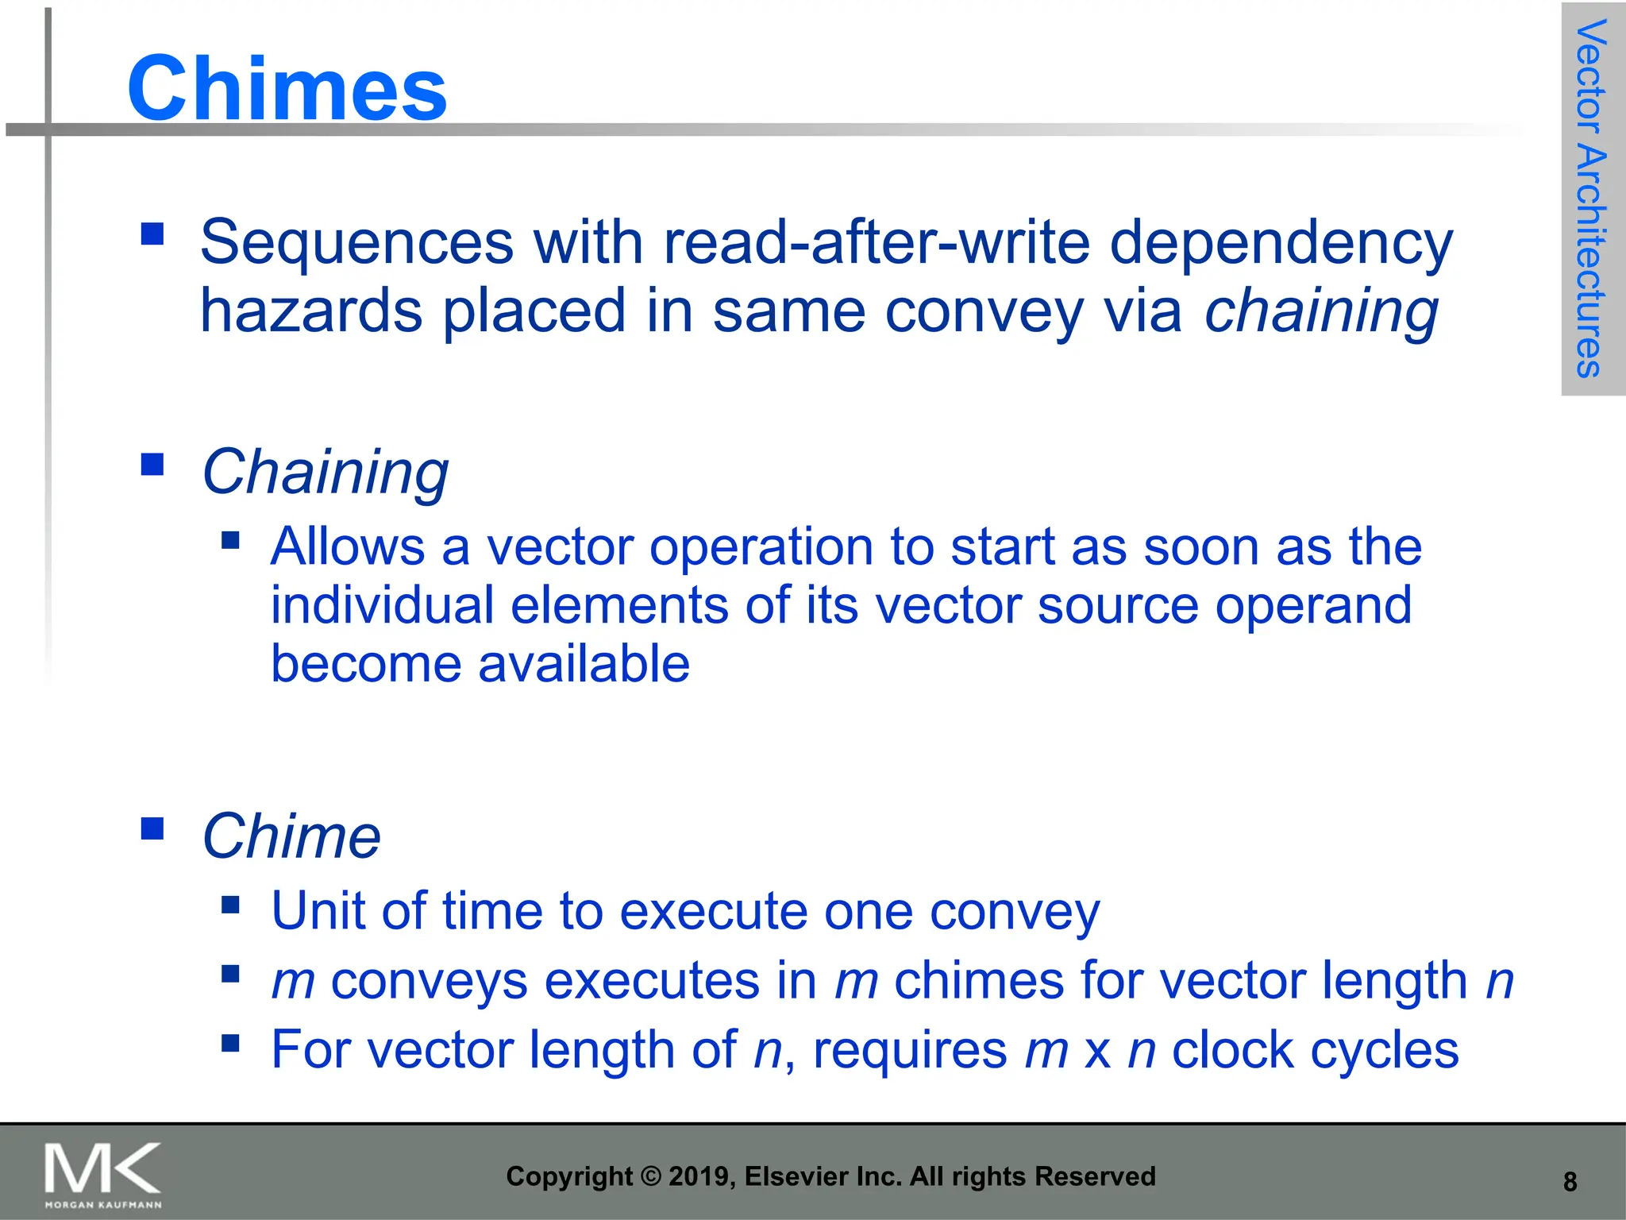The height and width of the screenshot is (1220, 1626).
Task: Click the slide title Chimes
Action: (x=287, y=88)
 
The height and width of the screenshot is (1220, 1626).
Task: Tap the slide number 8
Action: (x=1570, y=1182)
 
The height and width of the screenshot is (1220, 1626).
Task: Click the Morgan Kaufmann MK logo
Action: (x=103, y=1174)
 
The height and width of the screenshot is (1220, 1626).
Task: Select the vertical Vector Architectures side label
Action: (x=1591, y=199)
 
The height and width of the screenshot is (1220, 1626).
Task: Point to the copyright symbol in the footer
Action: (x=650, y=1176)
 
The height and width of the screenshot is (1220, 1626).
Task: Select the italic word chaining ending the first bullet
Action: (x=1321, y=311)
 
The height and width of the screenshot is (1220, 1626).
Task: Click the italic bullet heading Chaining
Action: (x=326, y=472)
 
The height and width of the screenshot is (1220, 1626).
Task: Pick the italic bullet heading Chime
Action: (x=291, y=836)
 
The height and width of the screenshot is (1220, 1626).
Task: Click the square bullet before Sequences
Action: (x=152, y=234)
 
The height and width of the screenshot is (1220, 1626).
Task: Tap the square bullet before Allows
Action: (x=231, y=541)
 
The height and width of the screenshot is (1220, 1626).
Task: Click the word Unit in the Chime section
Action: (x=318, y=910)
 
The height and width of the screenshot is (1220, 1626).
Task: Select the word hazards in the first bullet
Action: (x=310, y=311)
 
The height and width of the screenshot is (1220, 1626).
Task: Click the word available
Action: (x=584, y=664)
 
